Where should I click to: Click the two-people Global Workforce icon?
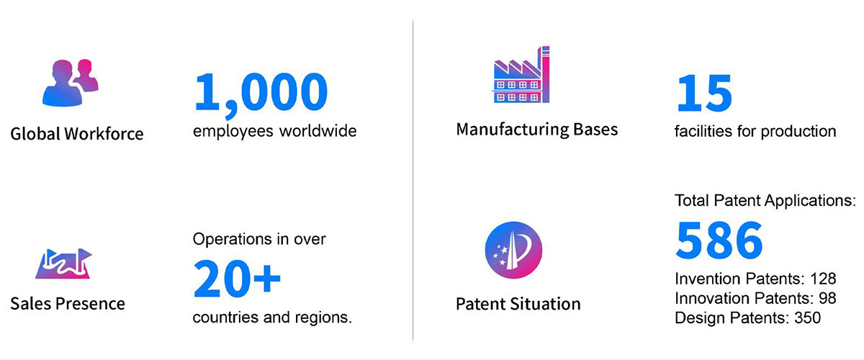pos(71,83)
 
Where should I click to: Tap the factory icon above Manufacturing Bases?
pos(521,74)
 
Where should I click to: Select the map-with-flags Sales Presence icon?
pos(63,264)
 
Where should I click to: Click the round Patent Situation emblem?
pos(513,250)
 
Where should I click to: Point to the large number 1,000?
pos(261,94)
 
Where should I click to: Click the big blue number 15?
pos(704,93)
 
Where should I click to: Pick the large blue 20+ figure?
pos(237,278)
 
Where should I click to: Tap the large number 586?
pos(719,240)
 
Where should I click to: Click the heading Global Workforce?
pos(77,134)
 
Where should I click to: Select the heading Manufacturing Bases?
pos(537,130)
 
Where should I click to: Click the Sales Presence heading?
pos(68,304)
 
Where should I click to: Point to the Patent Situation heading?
pos(518,304)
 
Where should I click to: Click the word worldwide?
pos(318,131)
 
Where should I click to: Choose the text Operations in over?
pos(259,239)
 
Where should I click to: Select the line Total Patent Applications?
pos(765,201)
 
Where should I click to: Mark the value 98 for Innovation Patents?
pos(827,298)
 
